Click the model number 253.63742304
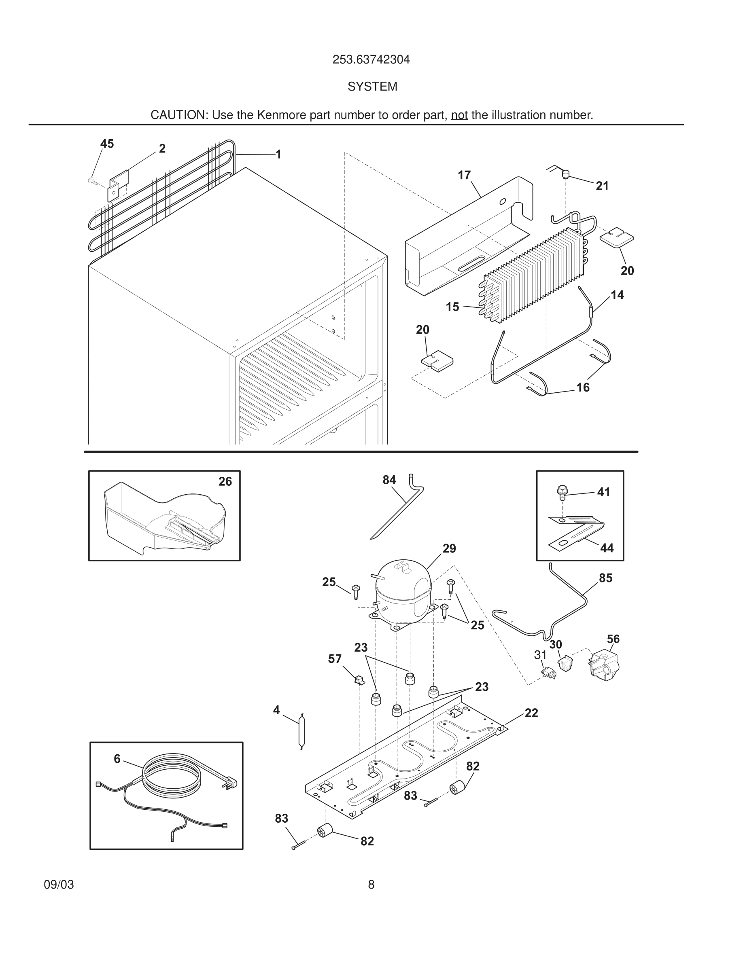(x=371, y=59)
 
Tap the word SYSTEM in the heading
(x=372, y=87)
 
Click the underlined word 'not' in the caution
(x=459, y=115)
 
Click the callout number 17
(x=464, y=175)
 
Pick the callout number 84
(x=389, y=480)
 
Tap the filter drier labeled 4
(x=301, y=732)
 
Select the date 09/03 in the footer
(x=59, y=885)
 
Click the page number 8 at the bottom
(x=371, y=885)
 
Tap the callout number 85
(x=605, y=578)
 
